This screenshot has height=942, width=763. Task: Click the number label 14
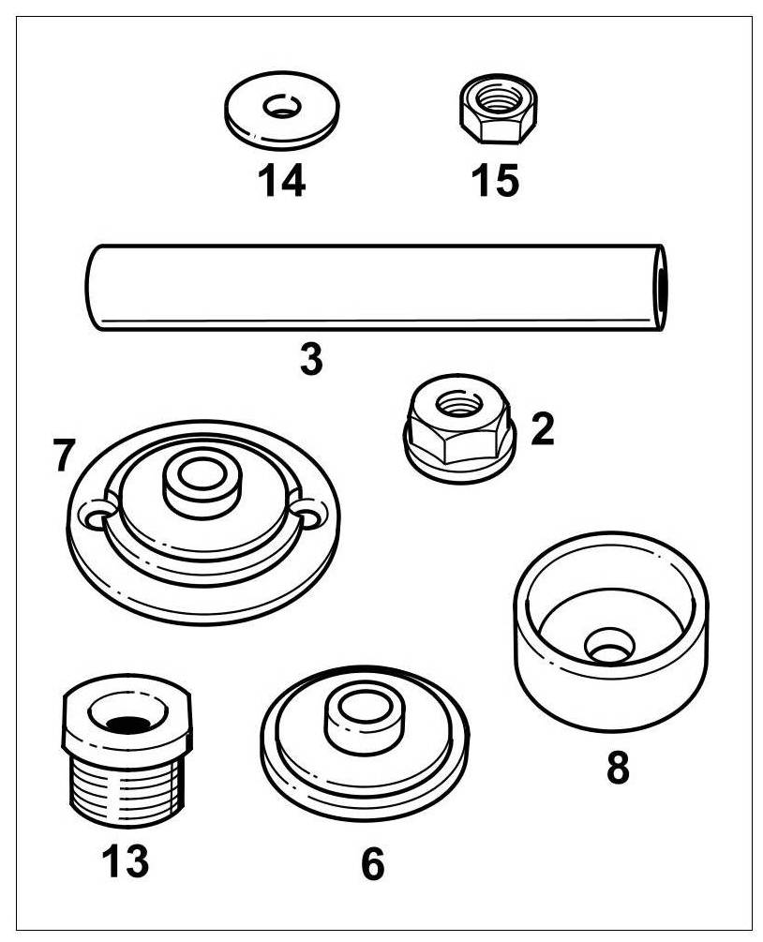click(x=282, y=180)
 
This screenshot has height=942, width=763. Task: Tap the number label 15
click(x=496, y=180)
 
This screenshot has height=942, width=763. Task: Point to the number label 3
click(x=311, y=359)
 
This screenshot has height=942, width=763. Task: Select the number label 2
click(x=542, y=429)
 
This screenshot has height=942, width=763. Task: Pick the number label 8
click(x=617, y=768)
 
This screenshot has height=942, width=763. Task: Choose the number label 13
click(x=126, y=860)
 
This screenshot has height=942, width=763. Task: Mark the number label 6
click(x=372, y=864)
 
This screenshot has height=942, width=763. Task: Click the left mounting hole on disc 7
click(x=96, y=515)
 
